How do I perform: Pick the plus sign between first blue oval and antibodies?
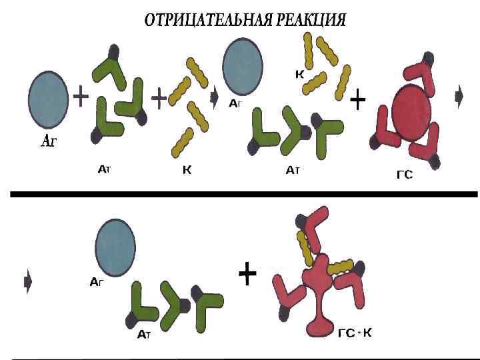80,98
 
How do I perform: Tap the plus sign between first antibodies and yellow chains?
159,99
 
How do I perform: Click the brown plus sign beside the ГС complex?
358,101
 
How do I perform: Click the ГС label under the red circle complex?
405,175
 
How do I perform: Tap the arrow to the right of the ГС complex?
459,98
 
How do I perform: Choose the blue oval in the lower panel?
115,245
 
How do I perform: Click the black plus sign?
247,273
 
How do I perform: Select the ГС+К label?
355,333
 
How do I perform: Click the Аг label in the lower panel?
97,282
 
